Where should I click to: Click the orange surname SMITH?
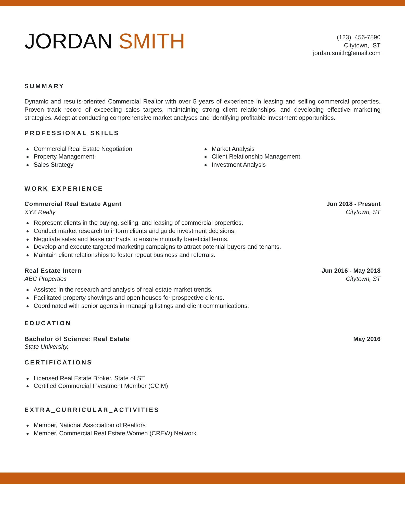point(151,41)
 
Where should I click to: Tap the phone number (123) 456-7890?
point(358,37)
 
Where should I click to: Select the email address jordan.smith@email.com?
point(347,53)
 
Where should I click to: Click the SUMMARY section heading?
point(44,86)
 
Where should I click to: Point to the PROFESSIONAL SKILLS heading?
point(72,133)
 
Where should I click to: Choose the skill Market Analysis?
point(233,149)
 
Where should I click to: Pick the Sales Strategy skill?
point(54,165)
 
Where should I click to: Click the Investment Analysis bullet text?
point(238,165)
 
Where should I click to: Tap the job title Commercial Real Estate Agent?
point(73,204)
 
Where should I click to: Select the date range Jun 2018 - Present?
point(353,204)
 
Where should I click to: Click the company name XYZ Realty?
point(40,212)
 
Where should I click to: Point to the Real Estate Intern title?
point(53,271)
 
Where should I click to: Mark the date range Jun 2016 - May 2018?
point(351,271)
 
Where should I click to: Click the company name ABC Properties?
point(46,279)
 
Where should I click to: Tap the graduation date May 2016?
point(367,339)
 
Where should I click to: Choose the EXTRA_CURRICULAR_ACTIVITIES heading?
point(92,410)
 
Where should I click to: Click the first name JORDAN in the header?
point(68,41)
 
